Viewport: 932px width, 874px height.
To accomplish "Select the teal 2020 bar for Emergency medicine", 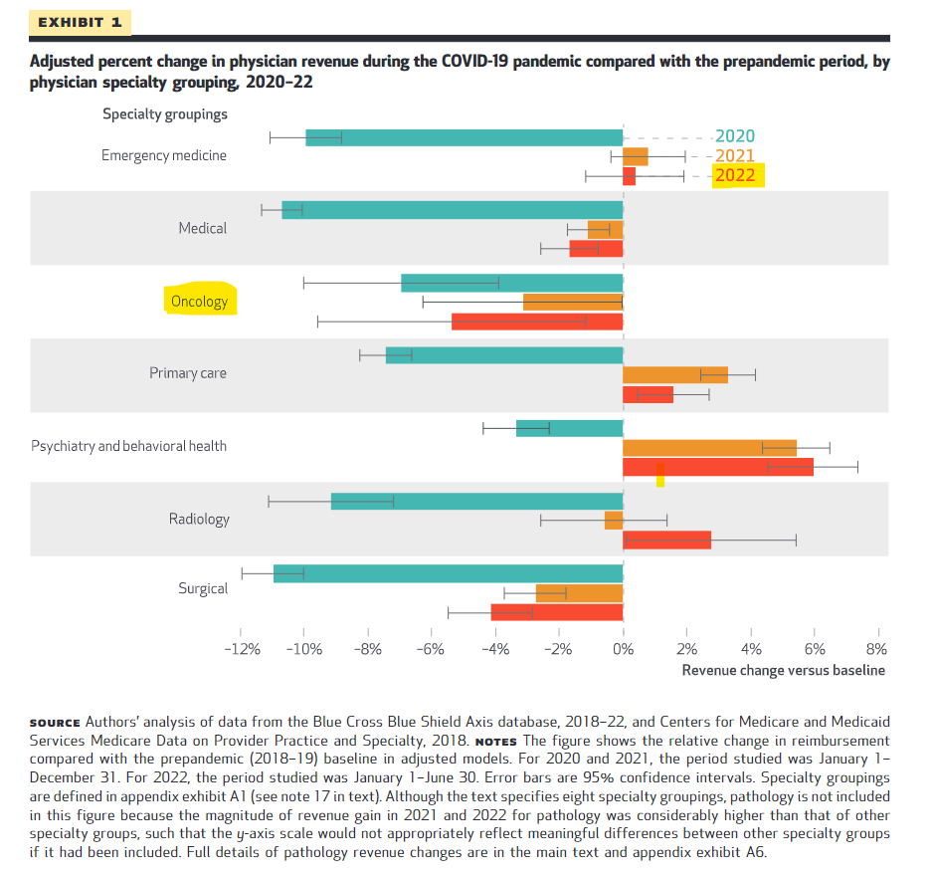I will [464, 137].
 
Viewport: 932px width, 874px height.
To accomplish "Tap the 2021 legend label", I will [735, 156].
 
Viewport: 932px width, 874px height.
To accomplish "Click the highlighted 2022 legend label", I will [735, 176].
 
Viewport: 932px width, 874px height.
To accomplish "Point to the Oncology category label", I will [200, 301].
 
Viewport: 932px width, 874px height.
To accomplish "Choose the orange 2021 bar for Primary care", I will [675, 374].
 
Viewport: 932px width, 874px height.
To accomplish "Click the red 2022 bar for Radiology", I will [666, 541].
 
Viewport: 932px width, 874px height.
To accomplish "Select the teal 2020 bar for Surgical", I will [448, 573].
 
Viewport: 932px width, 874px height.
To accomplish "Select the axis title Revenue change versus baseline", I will [783, 670].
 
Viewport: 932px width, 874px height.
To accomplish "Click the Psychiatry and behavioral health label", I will [129, 446].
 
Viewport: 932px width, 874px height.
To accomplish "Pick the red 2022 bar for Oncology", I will [537, 322].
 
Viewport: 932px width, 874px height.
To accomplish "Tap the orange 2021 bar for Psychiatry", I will [709, 448].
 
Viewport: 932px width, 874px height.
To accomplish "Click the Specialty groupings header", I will [165, 113].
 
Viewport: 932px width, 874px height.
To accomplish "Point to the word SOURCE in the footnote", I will [55, 722].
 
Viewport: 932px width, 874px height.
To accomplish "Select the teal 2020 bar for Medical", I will [452, 209].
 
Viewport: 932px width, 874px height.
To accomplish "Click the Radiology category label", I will [199, 519].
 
